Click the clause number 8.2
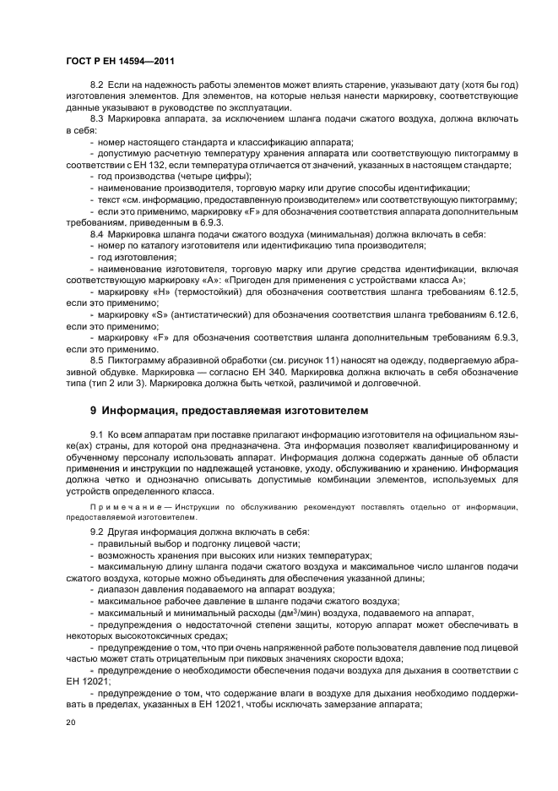[x=96, y=86]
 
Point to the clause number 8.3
[x=96, y=119]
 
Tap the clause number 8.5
[x=96, y=359]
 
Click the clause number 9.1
[x=96, y=434]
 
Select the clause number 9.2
[x=96, y=532]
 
